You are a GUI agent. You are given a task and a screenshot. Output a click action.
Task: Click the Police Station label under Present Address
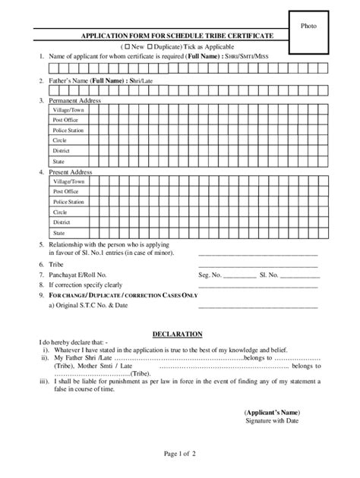[x=68, y=203]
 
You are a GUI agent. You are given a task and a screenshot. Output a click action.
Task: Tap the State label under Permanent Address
[x=58, y=162]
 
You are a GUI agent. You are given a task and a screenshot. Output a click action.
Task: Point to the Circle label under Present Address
[x=60, y=213]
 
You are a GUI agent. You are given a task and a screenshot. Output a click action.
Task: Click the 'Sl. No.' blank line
[x=301, y=277]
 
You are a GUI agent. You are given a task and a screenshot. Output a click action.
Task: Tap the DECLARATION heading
[x=176, y=334]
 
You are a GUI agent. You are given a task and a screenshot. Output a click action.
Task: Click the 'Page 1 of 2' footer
[x=179, y=454]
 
